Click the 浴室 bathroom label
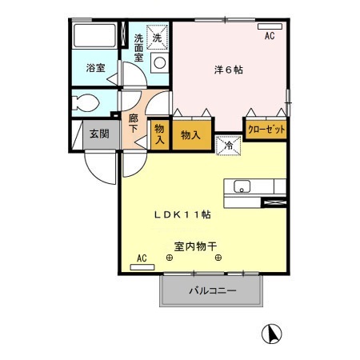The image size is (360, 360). (x=94, y=68)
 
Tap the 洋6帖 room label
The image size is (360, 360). (x=230, y=70)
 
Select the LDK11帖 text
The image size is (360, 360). (x=182, y=214)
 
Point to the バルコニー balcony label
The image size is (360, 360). (x=212, y=291)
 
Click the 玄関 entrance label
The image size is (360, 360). (x=98, y=134)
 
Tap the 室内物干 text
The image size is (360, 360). (x=195, y=246)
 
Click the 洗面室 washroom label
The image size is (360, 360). (x=138, y=47)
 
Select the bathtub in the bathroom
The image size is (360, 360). (x=94, y=38)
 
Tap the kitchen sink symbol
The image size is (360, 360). (x=242, y=188)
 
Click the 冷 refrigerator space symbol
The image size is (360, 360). (x=226, y=145)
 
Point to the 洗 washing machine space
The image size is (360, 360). (x=158, y=38)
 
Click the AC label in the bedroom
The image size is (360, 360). (x=270, y=36)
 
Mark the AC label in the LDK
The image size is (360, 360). (x=142, y=258)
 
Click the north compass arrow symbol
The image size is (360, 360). (x=273, y=332)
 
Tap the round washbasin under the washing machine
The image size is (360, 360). (x=158, y=62)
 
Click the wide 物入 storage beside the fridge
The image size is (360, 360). (x=190, y=133)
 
